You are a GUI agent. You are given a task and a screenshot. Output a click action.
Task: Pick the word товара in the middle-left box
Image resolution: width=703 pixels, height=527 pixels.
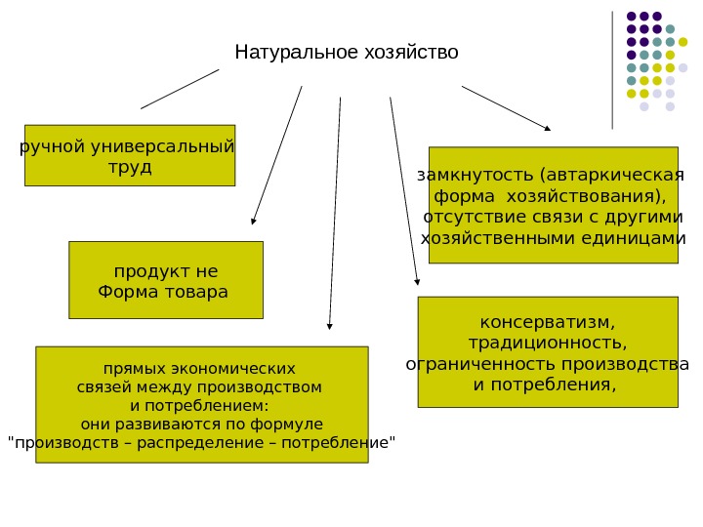[195, 292]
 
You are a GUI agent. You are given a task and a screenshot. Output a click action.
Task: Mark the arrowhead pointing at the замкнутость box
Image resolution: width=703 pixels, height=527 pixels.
[547, 128]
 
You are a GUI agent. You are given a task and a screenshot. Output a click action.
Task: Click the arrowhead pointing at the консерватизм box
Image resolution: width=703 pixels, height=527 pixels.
[418, 282]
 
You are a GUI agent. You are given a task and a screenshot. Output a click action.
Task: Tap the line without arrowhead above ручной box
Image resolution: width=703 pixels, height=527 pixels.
[180, 89]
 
